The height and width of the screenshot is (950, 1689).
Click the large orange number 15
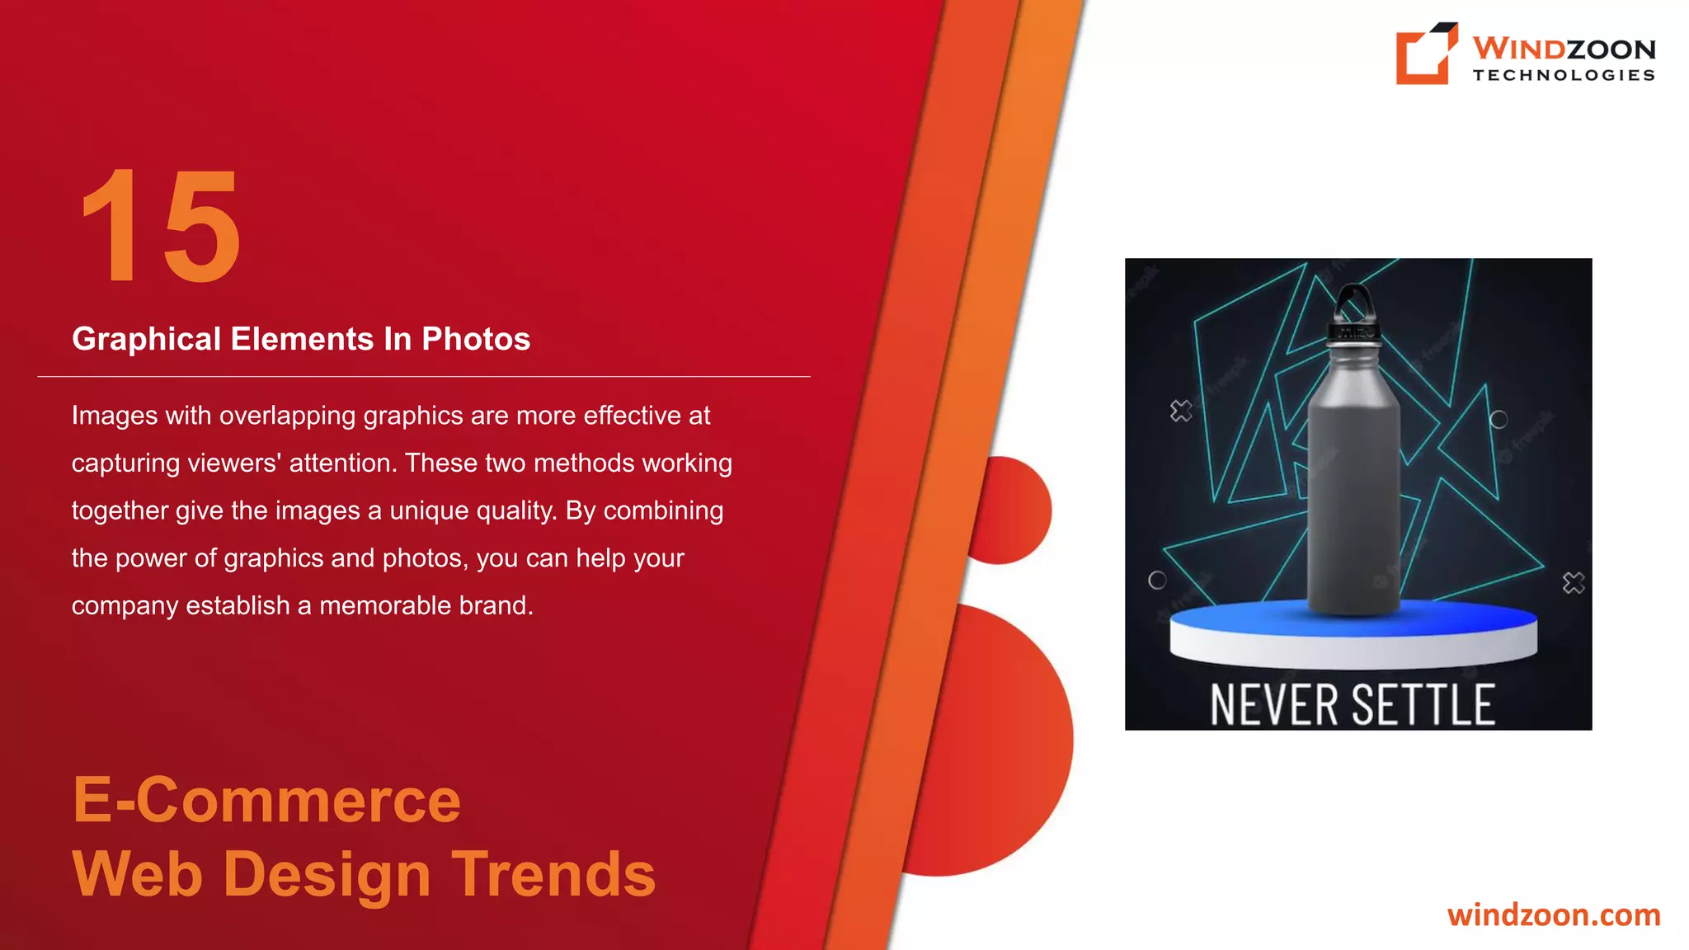point(161,225)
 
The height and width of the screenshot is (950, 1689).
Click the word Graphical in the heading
point(146,339)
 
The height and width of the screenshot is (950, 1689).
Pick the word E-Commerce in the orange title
point(266,800)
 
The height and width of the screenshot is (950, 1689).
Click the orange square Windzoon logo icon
point(1425,54)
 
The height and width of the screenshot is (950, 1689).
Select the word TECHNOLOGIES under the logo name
point(1564,75)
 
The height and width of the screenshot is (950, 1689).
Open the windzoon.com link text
point(1554,915)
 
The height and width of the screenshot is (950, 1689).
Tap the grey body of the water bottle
point(1353,495)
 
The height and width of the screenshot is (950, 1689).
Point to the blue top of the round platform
point(1353,619)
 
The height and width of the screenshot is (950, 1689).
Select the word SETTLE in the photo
point(1423,705)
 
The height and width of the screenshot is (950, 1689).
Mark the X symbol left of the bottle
point(1181,411)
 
